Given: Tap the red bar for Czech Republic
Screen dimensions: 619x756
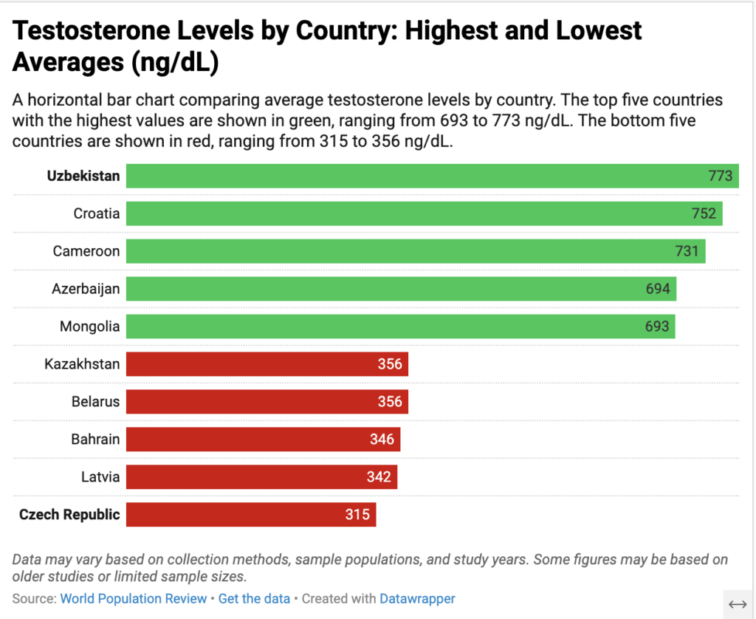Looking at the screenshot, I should pos(251,514).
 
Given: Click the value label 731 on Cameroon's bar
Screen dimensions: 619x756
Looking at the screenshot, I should pos(687,251).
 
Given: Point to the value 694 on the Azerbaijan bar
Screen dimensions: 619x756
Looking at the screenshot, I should pos(658,289).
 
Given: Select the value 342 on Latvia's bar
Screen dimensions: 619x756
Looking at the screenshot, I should pos(379,477).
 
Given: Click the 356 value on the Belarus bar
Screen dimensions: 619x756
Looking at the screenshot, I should pos(390,402).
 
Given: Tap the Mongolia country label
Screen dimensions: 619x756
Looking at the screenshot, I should pos(89,326).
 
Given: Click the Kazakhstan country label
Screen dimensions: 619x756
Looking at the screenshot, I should pos(81,364).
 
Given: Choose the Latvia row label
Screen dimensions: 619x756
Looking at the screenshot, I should pos(100,477).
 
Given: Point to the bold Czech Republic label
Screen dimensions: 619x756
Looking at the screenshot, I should pos(69,515).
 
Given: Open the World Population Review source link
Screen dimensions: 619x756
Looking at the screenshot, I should pos(133,598).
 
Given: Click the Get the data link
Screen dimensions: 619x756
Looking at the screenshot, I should pos(254,598).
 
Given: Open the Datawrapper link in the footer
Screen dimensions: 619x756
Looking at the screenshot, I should pos(417,598).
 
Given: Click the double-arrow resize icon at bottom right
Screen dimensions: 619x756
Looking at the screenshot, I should pos(738,604).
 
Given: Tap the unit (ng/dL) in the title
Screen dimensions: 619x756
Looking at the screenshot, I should pos(175,64).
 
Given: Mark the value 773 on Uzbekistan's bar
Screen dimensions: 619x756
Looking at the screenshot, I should pos(720,176).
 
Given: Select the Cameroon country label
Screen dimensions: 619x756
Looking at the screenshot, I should pos(86,251).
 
